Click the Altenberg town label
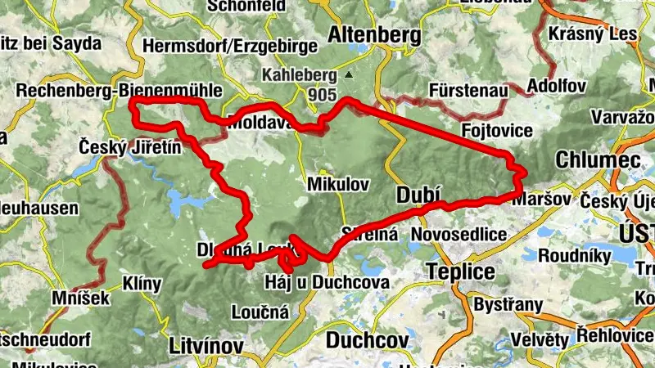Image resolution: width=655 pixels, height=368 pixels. coord(374,35)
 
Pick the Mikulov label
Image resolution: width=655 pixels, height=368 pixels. coord(338,184)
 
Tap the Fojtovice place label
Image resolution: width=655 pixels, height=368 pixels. coord(497,130)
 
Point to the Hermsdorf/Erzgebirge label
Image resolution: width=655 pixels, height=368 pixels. coord(219,47)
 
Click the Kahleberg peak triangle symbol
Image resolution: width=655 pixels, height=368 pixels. coord(349,75)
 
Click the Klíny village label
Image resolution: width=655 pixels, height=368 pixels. coord(142,284)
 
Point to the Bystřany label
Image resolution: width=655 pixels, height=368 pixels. coord(508,305)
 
